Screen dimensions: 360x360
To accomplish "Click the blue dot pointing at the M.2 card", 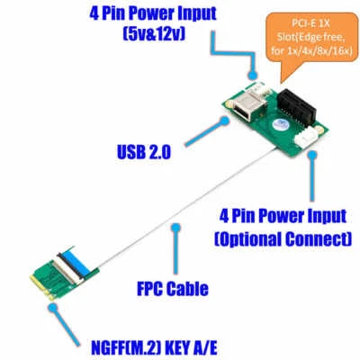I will [54, 304].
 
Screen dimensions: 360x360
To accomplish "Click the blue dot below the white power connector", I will [310, 154].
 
